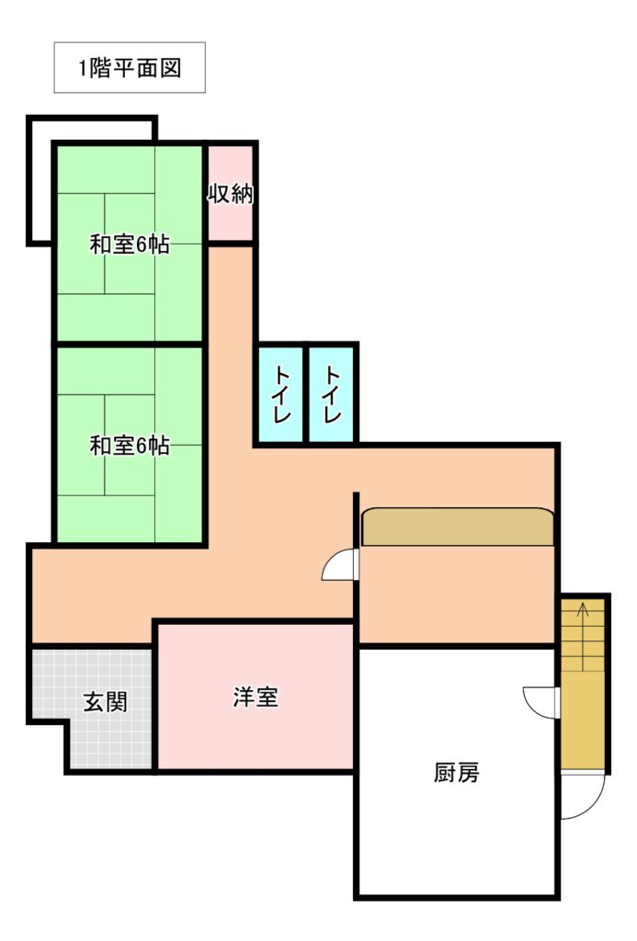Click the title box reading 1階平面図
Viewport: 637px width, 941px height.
130,67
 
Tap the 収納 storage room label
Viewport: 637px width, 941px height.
231,193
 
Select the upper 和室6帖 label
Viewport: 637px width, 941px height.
130,244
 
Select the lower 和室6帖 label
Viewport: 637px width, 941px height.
130,446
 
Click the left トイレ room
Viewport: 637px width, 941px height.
281,394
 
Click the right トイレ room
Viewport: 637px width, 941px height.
333,394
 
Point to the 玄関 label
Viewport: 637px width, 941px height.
106,701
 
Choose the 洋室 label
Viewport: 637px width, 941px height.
256,697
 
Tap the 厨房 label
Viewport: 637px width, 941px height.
456,772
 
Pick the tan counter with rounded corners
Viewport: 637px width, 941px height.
458,527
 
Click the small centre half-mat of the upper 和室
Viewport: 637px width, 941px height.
130,244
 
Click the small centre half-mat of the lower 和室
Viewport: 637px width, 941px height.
130,445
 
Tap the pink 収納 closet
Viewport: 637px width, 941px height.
230,193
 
